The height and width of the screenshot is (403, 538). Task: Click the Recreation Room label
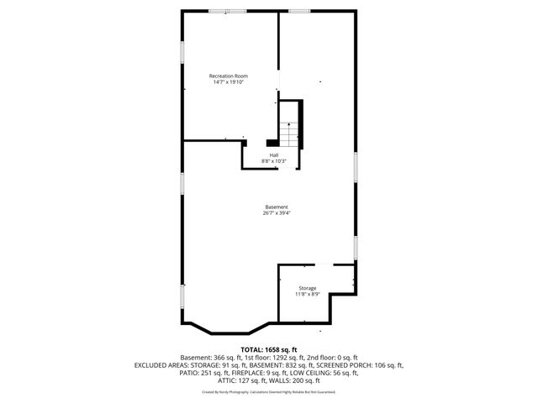(229, 76)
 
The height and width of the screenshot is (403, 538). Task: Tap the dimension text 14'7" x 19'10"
(229, 82)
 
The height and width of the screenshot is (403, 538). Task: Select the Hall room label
(274, 155)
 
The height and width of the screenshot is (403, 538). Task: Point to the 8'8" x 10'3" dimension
(274, 161)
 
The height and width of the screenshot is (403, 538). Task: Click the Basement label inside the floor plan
(277, 207)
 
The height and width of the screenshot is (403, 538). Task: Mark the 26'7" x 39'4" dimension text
(277, 213)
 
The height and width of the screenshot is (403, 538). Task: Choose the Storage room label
(306, 288)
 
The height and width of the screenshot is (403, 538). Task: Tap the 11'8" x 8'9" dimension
(306, 294)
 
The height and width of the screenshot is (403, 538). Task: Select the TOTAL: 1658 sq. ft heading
(269, 349)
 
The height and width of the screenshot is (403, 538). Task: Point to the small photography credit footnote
(269, 391)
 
